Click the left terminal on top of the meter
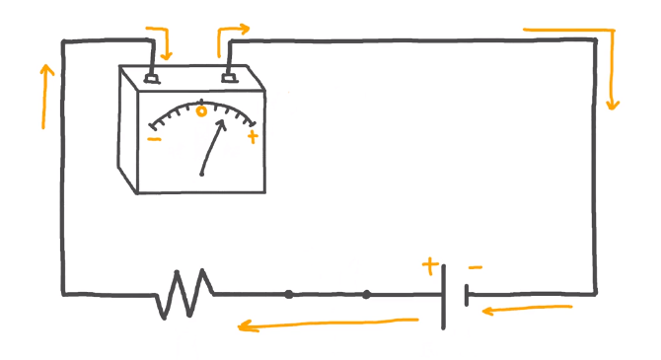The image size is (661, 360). click(x=152, y=77)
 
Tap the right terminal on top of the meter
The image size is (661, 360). click(x=229, y=75)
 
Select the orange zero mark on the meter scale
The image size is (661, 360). click(x=201, y=110)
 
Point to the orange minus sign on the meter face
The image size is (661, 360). click(x=154, y=139)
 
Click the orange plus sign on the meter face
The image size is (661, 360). click(x=253, y=137)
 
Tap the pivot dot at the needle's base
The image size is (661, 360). click(x=201, y=175)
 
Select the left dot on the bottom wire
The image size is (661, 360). click(x=288, y=294)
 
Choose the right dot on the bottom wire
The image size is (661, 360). click(x=366, y=294)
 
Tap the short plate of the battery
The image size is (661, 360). click(x=466, y=295)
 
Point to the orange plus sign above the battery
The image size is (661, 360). click(x=429, y=264)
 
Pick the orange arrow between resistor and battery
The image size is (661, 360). click(x=326, y=324)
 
